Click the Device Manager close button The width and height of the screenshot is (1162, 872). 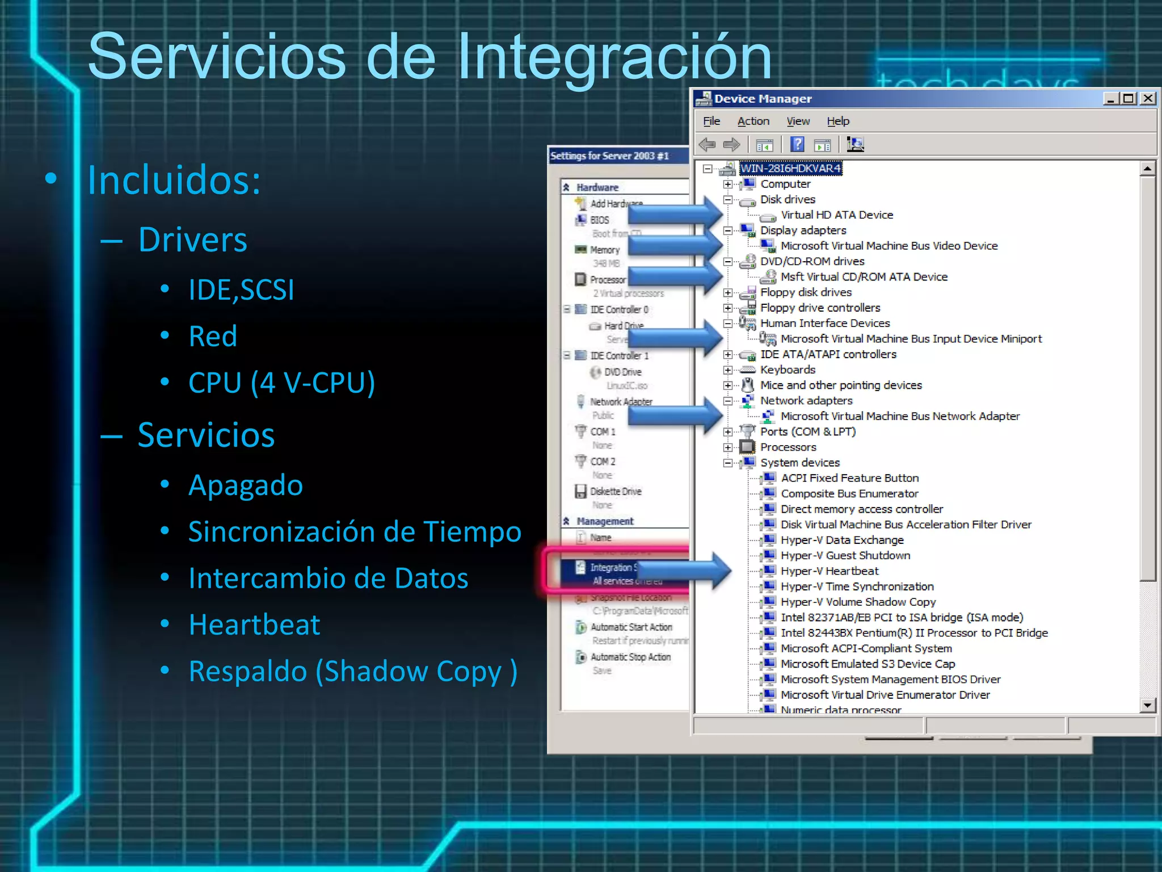[x=1148, y=98]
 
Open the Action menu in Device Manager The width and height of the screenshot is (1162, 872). [x=753, y=121]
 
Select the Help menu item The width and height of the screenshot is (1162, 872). [x=837, y=121]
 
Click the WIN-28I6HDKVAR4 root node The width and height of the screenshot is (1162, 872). [x=790, y=169]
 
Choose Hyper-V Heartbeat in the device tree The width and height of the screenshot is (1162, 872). [x=829, y=571]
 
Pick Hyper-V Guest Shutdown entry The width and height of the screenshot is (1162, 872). [x=845, y=556]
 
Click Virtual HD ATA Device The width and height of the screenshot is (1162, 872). [x=836, y=215]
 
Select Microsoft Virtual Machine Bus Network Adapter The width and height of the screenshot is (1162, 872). [x=900, y=416]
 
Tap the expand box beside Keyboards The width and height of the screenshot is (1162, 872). [x=728, y=370]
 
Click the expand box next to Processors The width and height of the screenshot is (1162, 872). [x=728, y=447]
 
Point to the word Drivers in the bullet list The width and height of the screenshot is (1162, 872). [x=193, y=240]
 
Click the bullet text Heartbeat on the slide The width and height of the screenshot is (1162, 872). [x=254, y=624]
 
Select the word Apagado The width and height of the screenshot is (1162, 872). [x=246, y=485]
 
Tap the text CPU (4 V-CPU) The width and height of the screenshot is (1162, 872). [x=281, y=383]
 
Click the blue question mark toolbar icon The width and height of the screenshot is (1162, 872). [x=797, y=145]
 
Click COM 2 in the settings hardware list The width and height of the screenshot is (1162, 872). [x=603, y=462]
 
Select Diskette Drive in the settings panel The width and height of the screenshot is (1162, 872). [x=615, y=492]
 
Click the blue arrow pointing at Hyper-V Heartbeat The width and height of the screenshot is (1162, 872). [x=681, y=571]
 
